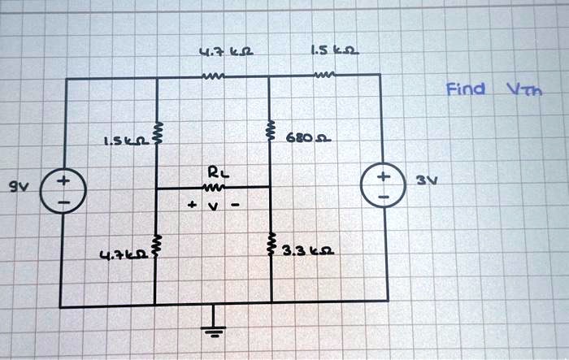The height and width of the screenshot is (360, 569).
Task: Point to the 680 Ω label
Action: click(x=308, y=138)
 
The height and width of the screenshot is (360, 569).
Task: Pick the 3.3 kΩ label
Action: click(x=308, y=250)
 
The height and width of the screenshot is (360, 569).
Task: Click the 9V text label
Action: click(x=19, y=187)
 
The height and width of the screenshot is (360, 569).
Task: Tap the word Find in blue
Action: click(x=465, y=89)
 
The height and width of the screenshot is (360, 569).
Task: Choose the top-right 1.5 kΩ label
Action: click(x=335, y=50)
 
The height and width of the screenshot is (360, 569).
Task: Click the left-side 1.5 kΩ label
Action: click(x=127, y=140)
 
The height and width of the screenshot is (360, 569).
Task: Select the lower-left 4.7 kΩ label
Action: click(x=124, y=255)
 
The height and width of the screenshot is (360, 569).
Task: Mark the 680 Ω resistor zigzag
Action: click(x=270, y=130)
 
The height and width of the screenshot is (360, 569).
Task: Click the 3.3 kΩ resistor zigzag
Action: click(x=271, y=245)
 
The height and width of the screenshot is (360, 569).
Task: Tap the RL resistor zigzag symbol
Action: click(x=213, y=188)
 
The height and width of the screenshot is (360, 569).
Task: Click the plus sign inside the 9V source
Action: click(x=63, y=180)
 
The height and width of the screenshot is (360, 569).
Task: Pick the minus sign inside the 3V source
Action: click(x=384, y=197)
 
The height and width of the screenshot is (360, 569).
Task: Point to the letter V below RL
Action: click(x=214, y=206)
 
